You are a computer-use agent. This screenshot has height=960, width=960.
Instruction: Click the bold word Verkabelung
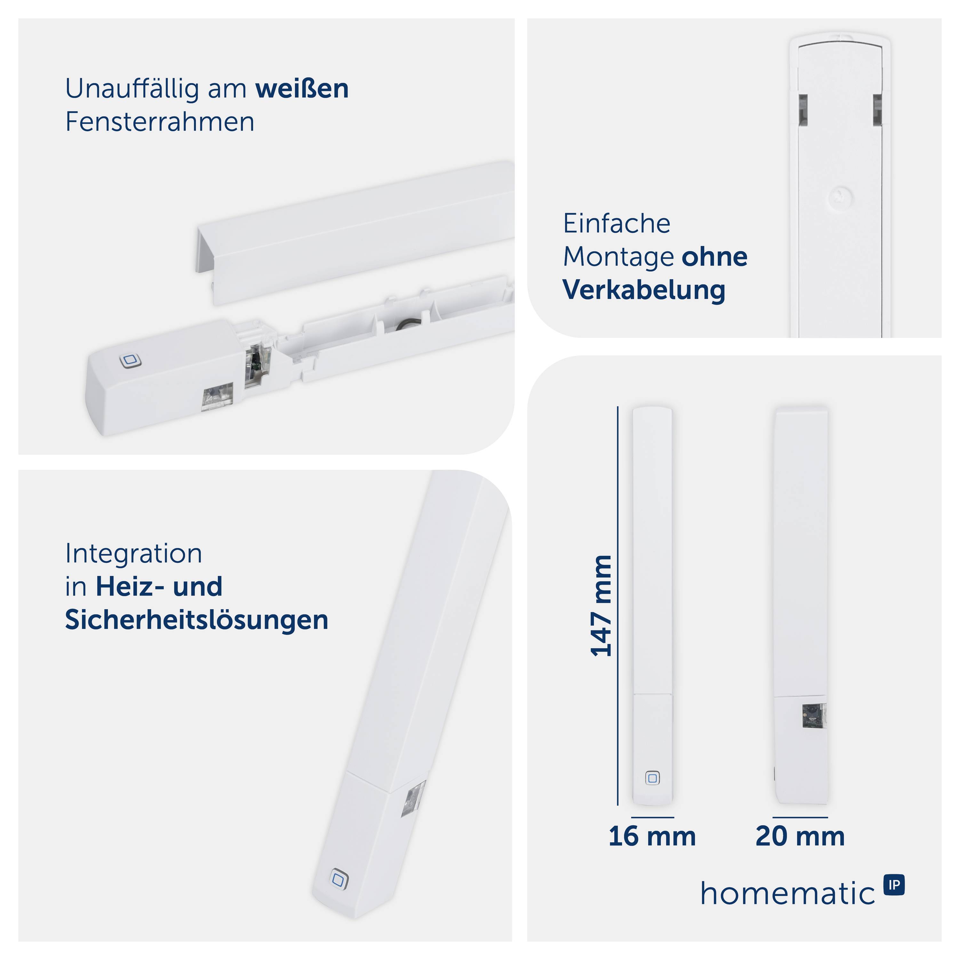644,290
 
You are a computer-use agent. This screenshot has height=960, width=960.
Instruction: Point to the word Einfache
617,224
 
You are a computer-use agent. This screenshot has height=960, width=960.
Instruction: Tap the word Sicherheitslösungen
197,620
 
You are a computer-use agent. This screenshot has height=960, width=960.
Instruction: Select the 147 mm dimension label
601,606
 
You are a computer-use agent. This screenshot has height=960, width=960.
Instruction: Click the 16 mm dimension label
652,836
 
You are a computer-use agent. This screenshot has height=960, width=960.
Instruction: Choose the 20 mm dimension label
800,836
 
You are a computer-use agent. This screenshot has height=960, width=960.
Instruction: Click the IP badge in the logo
894,885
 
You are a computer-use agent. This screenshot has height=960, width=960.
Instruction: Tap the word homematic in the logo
788,893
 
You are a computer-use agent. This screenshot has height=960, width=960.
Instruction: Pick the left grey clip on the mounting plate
803,109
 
